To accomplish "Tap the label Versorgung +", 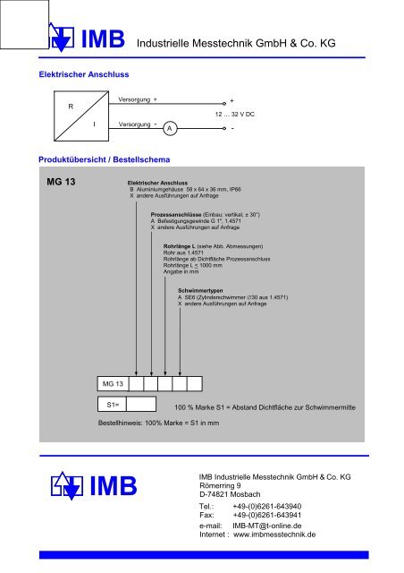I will click(x=138, y=100).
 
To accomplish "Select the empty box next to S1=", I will click(x=142, y=405).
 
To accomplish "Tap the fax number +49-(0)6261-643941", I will click(x=266, y=516).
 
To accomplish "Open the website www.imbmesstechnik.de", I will click(x=274, y=537).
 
